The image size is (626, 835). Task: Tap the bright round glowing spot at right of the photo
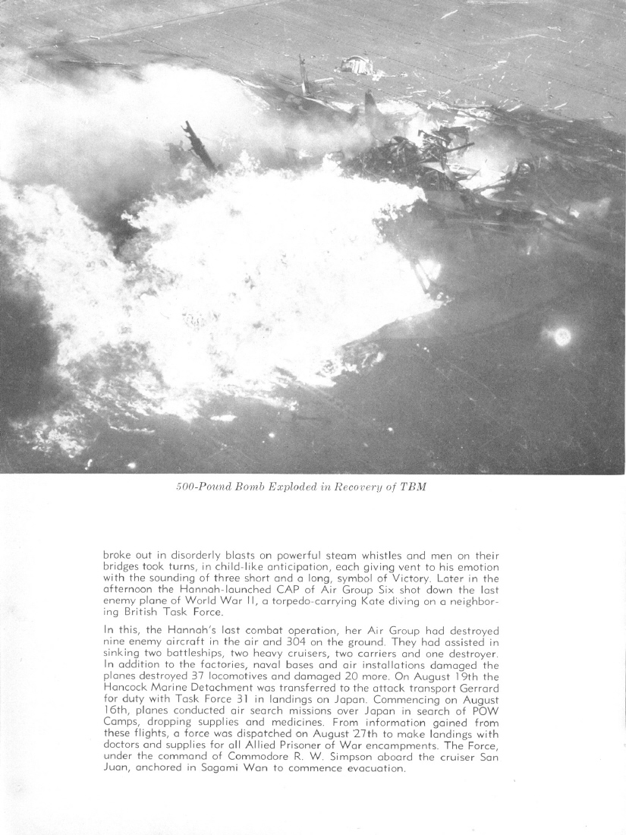pyautogui.click(x=562, y=336)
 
